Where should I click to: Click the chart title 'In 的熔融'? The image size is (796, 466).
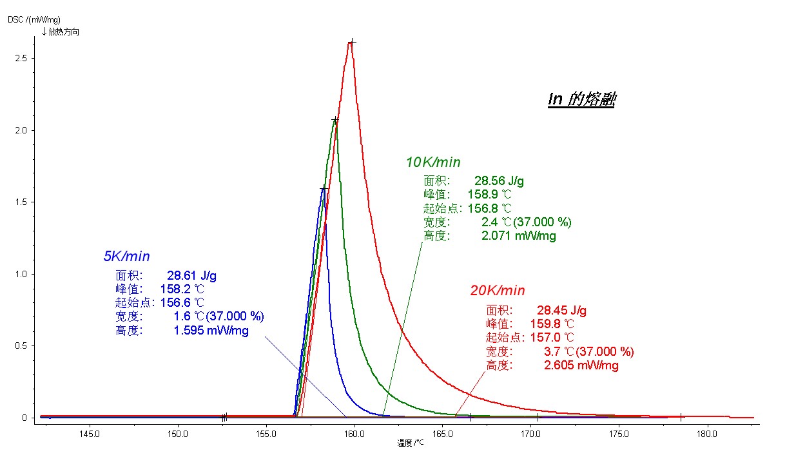click(x=582, y=99)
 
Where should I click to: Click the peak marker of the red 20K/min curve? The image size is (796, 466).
click(x=352, y=43)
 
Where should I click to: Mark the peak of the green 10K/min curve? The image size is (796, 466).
click(x=335, y=120)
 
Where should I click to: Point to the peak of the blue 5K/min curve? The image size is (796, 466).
click(x=324, y=188)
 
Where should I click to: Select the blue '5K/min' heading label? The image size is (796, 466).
click(x=126, y=256)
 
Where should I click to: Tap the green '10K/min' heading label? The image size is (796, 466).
click(x=433, y=162)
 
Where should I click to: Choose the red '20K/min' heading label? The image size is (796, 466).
click(x=498, y=291)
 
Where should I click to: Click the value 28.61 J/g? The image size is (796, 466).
click(x=191, y=275)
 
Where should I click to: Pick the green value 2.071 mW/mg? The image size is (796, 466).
click(x=518, y=236)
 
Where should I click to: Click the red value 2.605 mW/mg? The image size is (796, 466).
click(x=581, y=365)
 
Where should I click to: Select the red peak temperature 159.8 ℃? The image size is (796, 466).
click(x=552, y=324)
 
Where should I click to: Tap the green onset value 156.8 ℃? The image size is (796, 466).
click(x=490, y=208)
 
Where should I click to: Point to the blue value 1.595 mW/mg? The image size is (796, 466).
click(x=211, y=330)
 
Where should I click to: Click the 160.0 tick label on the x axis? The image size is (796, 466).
click(x=354, y=434)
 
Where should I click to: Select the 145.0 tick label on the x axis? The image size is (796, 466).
click(x=89, y=434)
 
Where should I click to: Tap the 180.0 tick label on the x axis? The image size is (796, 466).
click(x=707, y=434)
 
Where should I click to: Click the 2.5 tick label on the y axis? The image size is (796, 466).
click(x=21, y=58)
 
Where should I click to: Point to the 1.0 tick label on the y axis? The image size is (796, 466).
click(x=21, y=274)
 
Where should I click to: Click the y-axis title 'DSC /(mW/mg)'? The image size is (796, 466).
click(x=34, y=19)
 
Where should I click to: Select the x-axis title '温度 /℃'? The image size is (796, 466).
click(x=411, y=443)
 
